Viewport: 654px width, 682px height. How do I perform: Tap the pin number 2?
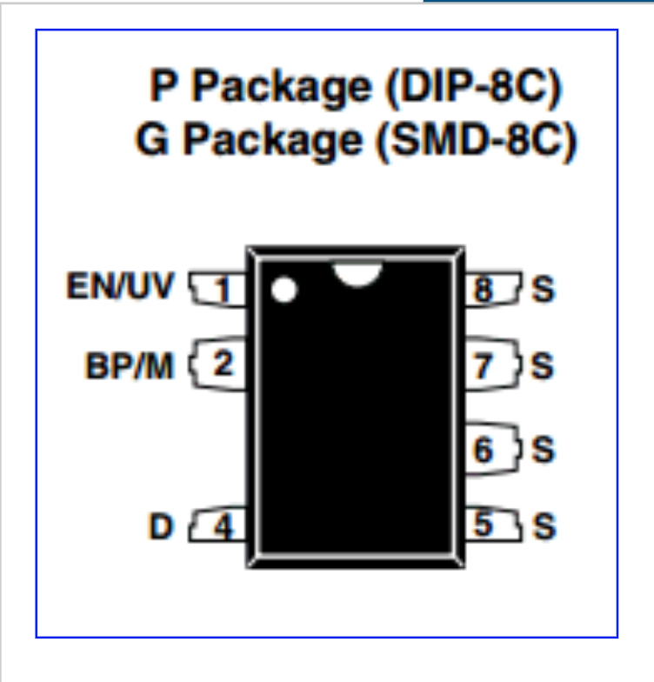(224, 364)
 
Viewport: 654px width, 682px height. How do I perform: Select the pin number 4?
(224, 527)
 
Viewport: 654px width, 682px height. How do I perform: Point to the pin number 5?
(484, 525)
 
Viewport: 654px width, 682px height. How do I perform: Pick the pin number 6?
(484, 450)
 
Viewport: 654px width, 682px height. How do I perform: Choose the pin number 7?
(484, 367)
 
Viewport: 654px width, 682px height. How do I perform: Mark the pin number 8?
(484, 290)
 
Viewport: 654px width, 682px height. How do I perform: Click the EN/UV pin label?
(121, 286)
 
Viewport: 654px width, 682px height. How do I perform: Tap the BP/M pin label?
(130, 365)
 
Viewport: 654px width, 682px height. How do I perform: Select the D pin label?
(161, 526)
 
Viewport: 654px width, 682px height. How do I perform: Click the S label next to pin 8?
(543, 289)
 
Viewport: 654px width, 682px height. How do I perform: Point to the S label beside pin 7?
(543, 366)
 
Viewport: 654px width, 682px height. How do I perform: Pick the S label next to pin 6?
(543, 450)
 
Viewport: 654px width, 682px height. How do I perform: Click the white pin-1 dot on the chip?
(284, 290)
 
